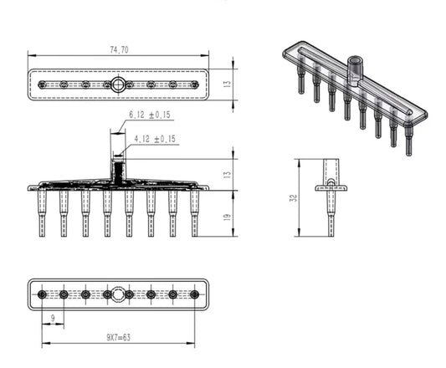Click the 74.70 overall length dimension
118,51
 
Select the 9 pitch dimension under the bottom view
54,317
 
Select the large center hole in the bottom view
119,294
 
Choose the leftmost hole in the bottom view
42,294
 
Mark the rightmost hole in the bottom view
194,294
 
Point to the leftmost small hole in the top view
43,84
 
